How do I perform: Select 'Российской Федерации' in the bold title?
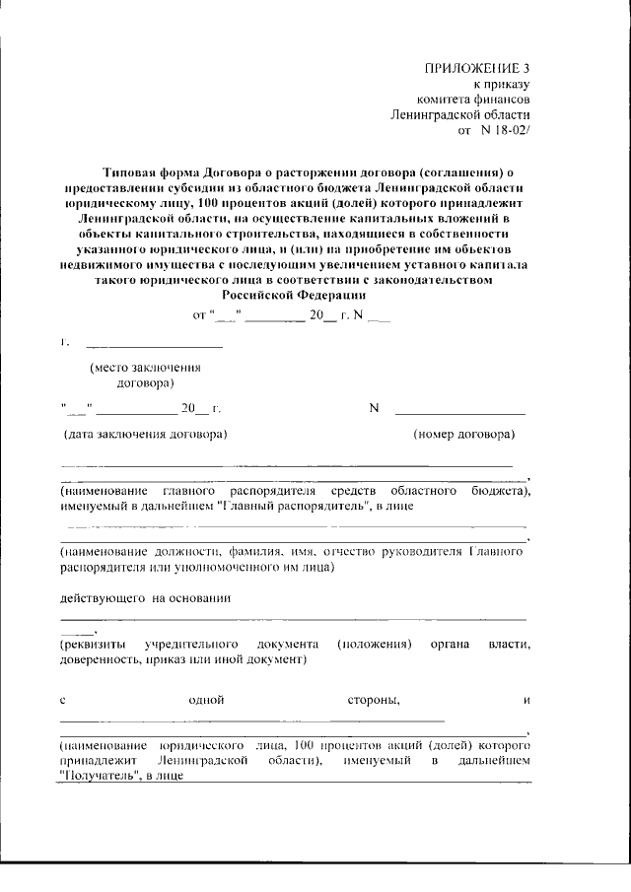coord(293,294)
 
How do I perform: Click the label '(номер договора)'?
coord(462,434)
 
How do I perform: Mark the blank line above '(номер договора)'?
coord(459,413)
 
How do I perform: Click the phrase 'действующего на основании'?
coord(145,597)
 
